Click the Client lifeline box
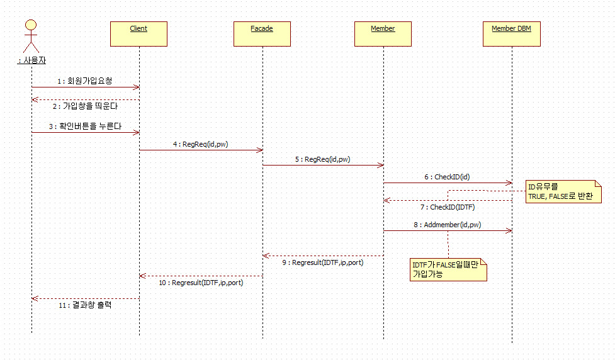click(138, 34)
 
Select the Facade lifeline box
click(262, 34)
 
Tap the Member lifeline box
click(383, 34)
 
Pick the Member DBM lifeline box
click(511, 34)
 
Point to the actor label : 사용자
click(31, 60)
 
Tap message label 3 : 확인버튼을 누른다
click(85, 126)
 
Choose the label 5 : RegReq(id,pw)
click(323, 159)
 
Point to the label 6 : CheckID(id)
click(448, 177)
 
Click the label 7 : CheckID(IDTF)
click(448, 206)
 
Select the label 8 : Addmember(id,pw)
click(448, 224)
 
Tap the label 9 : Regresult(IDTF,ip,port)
click(323, 262)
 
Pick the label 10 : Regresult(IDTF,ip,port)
click(201, 283)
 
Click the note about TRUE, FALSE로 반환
click(563, 191)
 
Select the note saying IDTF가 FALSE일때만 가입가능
click(447, 269)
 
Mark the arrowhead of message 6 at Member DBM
click(509, 183)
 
